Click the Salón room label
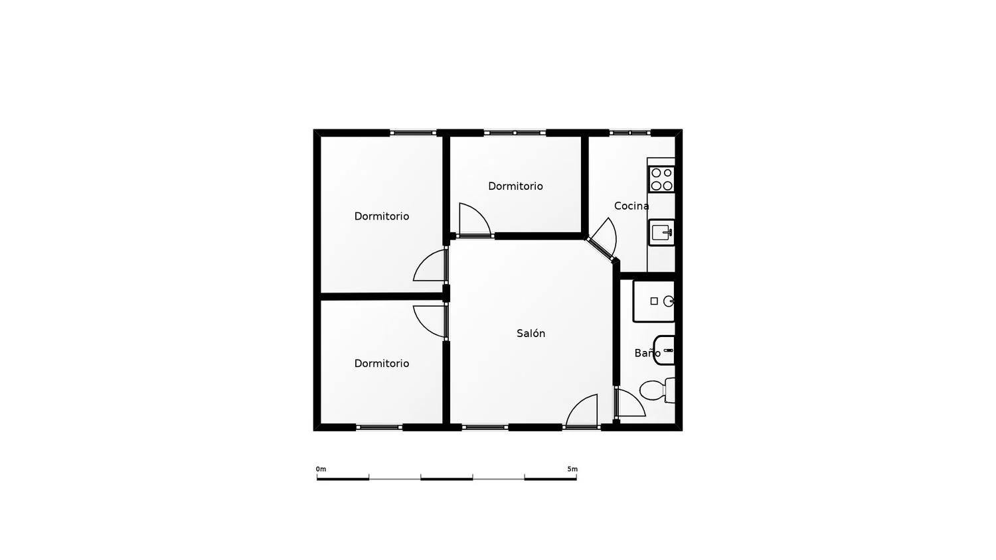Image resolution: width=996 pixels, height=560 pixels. [x=531, y=334]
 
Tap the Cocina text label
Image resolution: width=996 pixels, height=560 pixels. [x=631, y=206]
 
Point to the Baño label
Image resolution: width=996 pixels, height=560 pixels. [x=646, y=354]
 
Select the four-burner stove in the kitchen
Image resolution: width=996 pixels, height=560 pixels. [x=661, y=179]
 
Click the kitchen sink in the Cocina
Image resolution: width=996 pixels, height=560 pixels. [x=661, y=232]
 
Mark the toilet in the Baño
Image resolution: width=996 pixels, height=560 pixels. [x=657, y=390]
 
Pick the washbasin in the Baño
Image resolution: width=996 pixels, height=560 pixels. [x=665, y=350]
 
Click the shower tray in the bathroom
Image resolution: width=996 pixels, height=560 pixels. [x=653, y=301]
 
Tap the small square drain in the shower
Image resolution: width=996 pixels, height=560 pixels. [x=654, y=301]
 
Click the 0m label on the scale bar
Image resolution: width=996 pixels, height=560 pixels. [x=321, y=469]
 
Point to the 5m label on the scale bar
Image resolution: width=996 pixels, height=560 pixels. [x=572, y=469]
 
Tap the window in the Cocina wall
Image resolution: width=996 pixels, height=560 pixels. [x=629, y=133]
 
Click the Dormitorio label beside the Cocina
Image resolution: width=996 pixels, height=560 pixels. [x=515, y=186]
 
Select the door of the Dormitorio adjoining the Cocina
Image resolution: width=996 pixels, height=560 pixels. [x=474, y=221]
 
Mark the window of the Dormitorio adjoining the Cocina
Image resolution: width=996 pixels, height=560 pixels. [x=515, y=133]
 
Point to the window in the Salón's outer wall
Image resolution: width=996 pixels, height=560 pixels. [x=485, y=427]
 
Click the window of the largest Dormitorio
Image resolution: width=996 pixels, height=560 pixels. [x=413, y=133]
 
